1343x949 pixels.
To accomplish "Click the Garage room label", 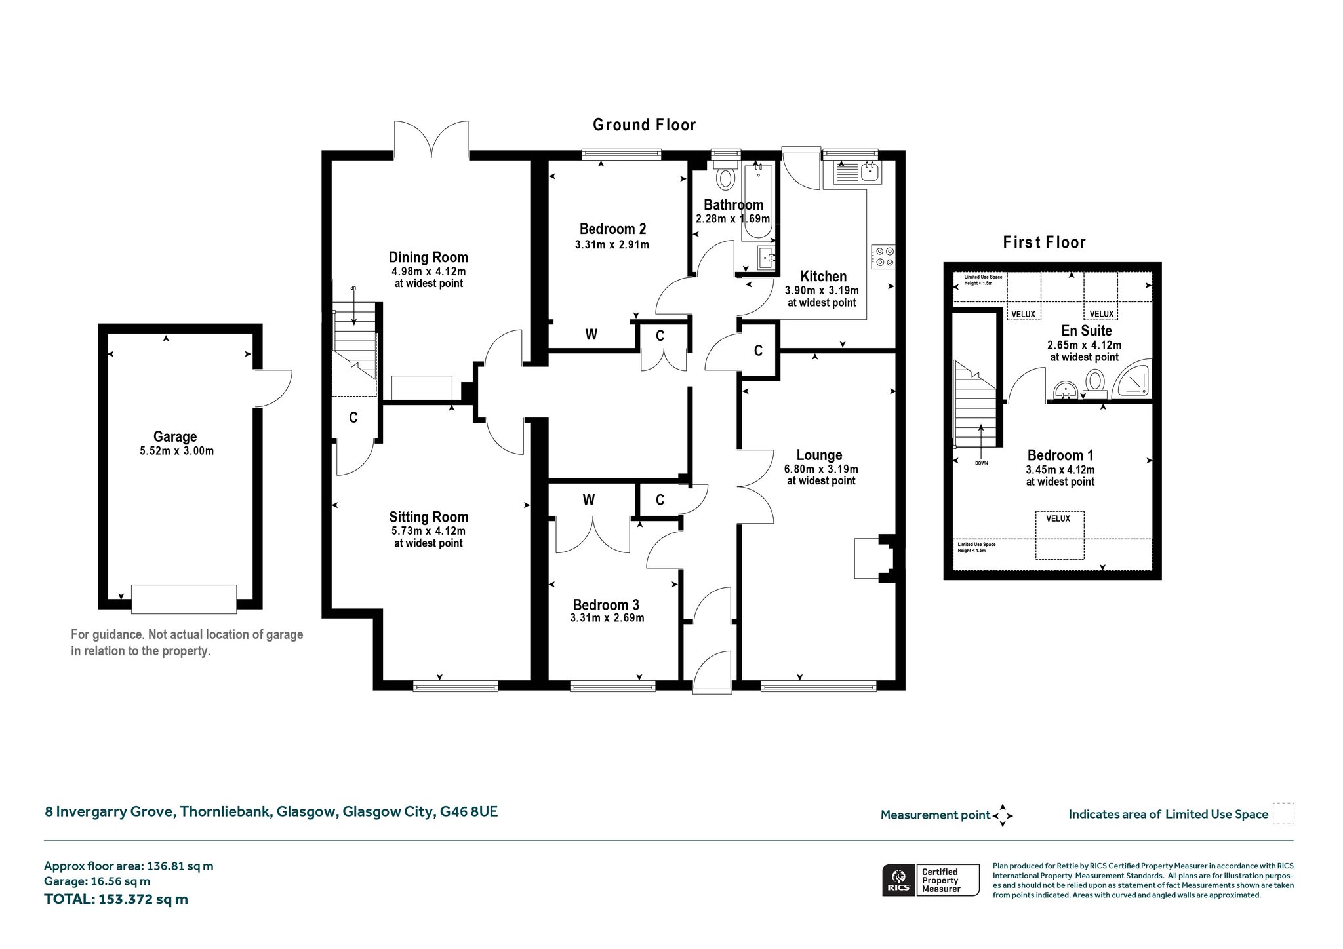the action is coord(175,436).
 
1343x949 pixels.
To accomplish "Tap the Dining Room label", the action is coord(428,257).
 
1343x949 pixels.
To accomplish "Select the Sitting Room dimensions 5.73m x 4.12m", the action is coord(428,531).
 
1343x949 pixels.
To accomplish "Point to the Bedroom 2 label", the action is coord(612,229).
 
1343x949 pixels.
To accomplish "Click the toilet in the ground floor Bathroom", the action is coord(726,177).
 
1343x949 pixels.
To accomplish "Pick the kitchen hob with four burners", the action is coord(883,256).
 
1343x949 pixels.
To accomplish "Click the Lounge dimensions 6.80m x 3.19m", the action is coord(821,469).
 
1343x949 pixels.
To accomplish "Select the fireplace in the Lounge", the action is coord(875,558).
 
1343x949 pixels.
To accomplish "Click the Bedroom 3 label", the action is coord(606,605).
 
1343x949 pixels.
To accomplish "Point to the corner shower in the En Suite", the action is coord(1135,379).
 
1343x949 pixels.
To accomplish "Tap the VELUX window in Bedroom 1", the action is coord(1060,535).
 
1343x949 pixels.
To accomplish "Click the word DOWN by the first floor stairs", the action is coord(981,463).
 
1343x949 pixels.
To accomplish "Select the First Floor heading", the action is coord(1044,242).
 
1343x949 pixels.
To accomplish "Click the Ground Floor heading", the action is coord(644,125).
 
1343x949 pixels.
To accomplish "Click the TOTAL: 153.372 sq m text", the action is coord(116,899).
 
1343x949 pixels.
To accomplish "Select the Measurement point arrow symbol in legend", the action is coord(1003,815).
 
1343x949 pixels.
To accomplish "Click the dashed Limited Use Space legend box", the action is coord(1283,814).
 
